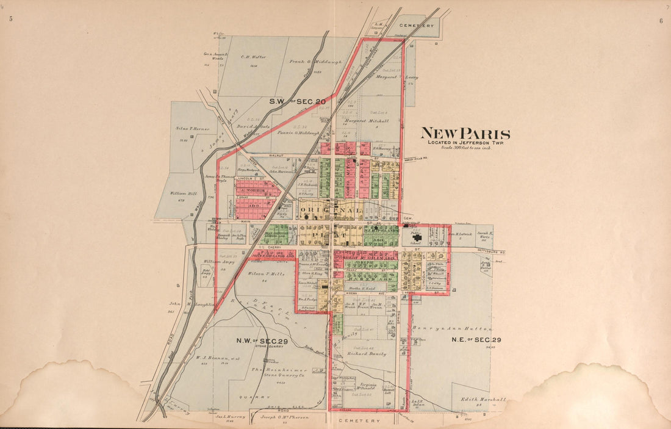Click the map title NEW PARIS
coord(465,134)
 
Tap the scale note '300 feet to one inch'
coord(464,148)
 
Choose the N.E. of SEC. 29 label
coord(476,339)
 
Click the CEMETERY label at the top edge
coord(417,26)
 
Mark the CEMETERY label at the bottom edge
coord(361,420)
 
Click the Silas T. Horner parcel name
coord(192,129)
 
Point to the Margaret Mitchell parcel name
coord(366,121)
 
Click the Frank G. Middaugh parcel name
coord(315,62)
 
